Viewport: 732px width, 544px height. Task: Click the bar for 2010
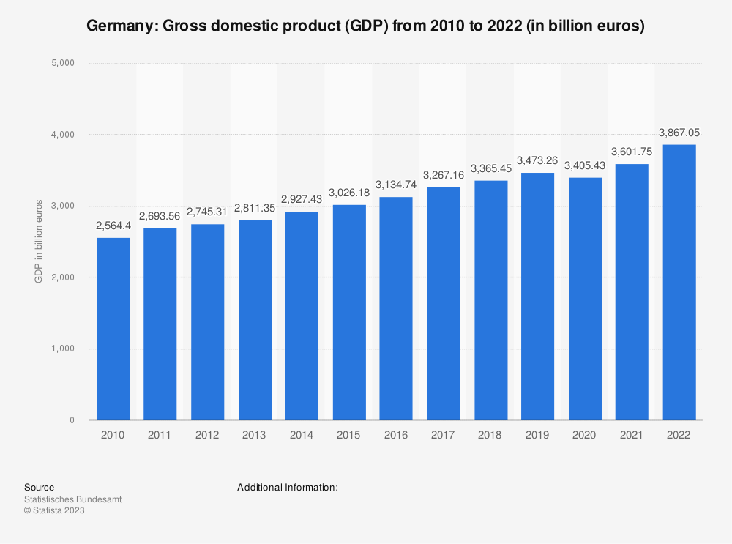pyautogui.click(x=113, y=329)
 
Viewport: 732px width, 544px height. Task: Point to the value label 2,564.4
pyautogui.click(x=113, y=226)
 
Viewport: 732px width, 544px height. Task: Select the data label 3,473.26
pyautogui.click(x=537, y=160)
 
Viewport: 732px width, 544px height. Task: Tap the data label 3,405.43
pyautogui.click(x=585, y=165)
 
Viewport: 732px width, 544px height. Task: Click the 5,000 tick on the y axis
pyautogui.click(x=64, y=64)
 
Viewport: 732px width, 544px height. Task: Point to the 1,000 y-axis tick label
pyautogui.click(x=64, y=349)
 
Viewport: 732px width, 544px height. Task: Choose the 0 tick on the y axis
pyautogui.click(x=72, y=420)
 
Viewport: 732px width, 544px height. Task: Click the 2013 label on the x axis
pyautogui.click(x=254, y=434)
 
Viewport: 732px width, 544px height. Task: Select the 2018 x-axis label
pyautogui.click(x=490, y=434)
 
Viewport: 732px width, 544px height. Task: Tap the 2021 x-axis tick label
pyautogui.click(x=632, y=434)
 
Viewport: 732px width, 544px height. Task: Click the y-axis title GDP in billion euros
pyautogui.click(x=38, y=242)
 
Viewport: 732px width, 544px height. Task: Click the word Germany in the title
pyautogui.click(x=119, y=27)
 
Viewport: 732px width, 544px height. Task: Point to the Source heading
pyautogui.click(x=39, y=487)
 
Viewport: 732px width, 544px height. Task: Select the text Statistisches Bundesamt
pyautogui.click(x=72, y=499)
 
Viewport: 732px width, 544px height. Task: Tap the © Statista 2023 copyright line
pyautogui.click(x=54, y=511)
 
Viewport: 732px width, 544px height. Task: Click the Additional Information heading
pyautogui.click(x=288, y=487)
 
